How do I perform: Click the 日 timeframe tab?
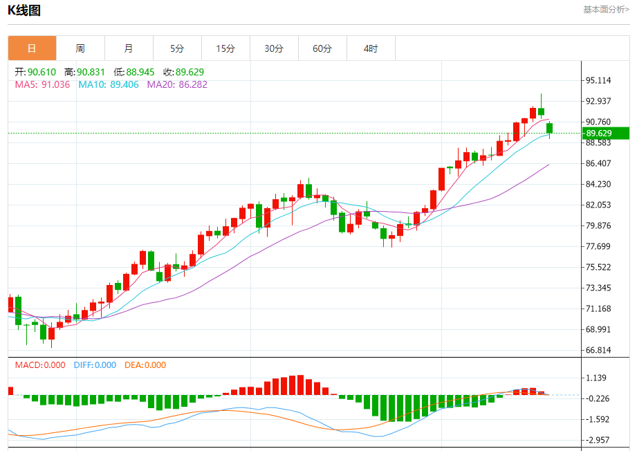click(x=32, y=48)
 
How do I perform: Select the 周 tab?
click(x=80, y=48)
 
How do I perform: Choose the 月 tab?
click(x=129, y=48)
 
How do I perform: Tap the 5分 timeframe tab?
click(x=177, y=48)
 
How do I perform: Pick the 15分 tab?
click(x=225, y=48)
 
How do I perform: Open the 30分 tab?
click(x=274, y=48)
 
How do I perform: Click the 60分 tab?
click(x=322, y=48)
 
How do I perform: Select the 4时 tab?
click(x=371, y=48)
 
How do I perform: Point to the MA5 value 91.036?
click(x=56, y=84)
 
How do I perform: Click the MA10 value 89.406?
click(x=124, y=84)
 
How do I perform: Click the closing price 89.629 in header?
click(x=190, y=72)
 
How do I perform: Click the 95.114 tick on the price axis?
click(x=598, y=80)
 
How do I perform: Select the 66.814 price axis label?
click(x=598, y=350)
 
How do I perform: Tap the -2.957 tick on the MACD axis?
click(x=598, y=440)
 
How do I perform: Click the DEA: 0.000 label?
click(x=145, y=365)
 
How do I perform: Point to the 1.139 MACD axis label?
click(x=596, y=378)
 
